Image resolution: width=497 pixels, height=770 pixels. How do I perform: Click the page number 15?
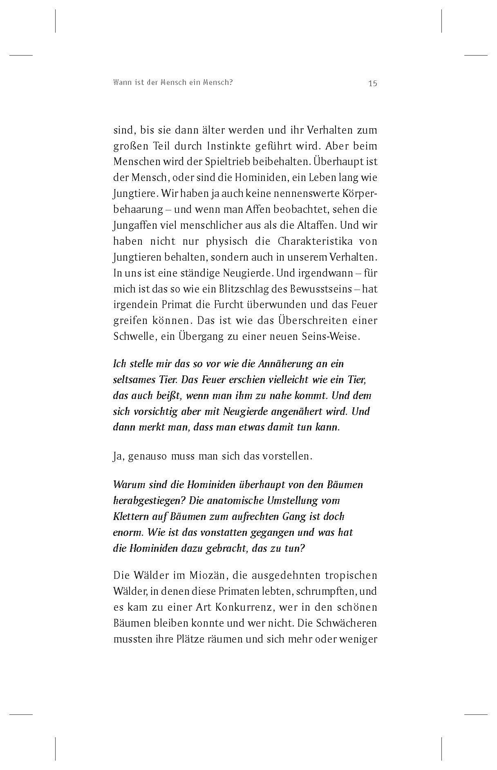[x=372, y=83]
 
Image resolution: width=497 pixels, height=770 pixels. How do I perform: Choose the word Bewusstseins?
[x=321, y=289]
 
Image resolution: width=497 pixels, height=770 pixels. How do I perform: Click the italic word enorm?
[x=128, y=533]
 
